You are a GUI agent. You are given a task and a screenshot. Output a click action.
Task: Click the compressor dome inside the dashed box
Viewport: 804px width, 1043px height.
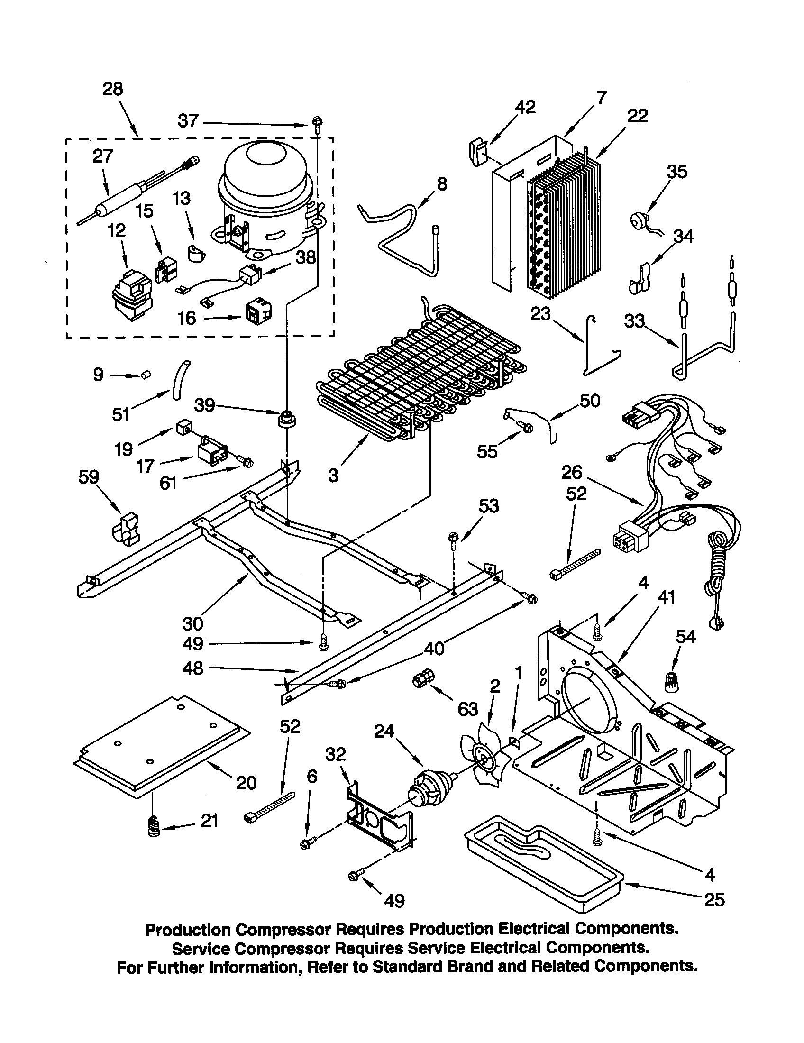tap(264, 177)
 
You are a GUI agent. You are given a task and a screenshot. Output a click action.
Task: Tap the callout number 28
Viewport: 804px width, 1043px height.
tap(113, 89)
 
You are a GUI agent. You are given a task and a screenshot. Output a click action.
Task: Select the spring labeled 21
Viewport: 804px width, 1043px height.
tap(153, 826)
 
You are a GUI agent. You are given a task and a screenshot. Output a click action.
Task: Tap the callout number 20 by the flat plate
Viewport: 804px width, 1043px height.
tap(246, 783)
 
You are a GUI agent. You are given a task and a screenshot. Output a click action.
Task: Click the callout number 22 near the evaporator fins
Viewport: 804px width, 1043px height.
tap(638, 116)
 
